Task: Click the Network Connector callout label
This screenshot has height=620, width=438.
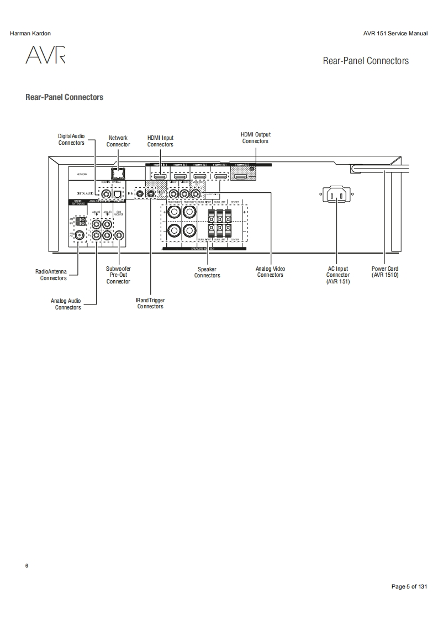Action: pos(118,141)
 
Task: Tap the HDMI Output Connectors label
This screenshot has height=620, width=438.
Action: pos(255,138)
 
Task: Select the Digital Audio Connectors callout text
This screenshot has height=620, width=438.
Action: pos(71,139)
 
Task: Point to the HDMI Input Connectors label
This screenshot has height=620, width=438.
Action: pos(160,141)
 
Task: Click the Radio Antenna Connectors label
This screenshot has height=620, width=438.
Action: pos(51,275)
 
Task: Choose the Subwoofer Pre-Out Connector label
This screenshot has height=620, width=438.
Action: pos(118,275)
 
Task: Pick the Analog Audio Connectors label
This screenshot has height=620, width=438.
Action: pos(66,304)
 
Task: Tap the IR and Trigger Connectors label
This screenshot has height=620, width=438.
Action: pos(150,303)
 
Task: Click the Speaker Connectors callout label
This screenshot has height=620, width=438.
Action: pos(207,272)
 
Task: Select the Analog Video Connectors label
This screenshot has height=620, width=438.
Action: pos(270,272)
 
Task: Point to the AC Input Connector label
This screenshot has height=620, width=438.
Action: pos(337,275)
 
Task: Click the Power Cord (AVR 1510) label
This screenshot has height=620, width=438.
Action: pos(385,272)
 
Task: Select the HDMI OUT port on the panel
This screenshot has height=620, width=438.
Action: pos(242,177)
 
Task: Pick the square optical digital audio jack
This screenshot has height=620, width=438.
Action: pos(117,193)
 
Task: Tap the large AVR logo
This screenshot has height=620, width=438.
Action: pos(45,55)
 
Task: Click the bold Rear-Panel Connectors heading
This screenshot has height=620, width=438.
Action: pos(64,97)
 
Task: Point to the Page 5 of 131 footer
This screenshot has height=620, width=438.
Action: pos(409,586)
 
